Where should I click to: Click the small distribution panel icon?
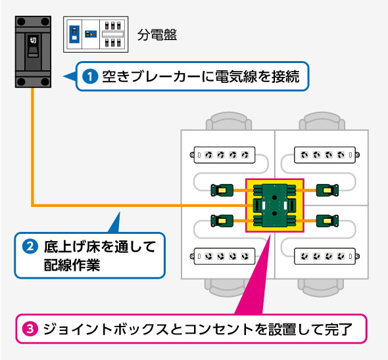(96, 34)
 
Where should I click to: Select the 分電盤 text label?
(157, 35)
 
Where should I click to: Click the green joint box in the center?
(274, 205)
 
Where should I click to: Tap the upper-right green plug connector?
(326, 191)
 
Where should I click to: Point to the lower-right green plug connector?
(326, 219)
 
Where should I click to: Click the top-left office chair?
(228, 124)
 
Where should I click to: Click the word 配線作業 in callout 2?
(64, 265)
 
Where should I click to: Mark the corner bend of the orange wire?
(32, 205)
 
